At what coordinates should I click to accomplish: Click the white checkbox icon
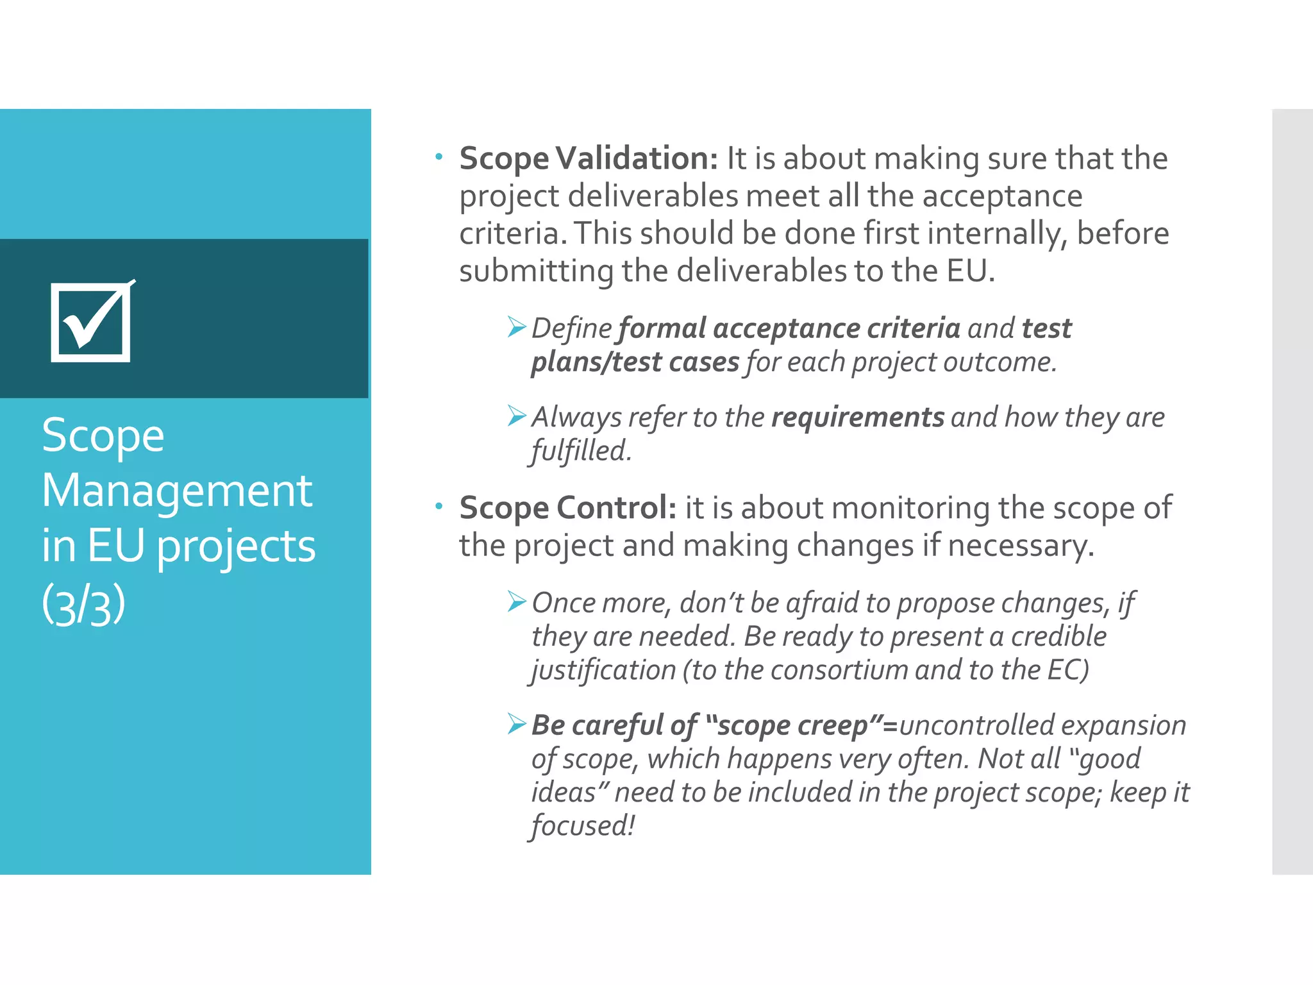(92, 322)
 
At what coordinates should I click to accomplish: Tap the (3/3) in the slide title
(83, 605)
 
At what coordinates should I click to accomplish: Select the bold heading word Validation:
(637, 158)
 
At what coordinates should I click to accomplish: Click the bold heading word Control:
(616, 508)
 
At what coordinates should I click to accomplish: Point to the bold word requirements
(858, 417)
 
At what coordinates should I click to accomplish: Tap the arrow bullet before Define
(517, 327)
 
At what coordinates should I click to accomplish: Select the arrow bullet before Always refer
(517, 416)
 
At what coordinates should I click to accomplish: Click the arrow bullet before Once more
(517, 602)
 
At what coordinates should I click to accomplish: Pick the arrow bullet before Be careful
(517, 724)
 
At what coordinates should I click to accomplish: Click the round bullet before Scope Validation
(439, 156)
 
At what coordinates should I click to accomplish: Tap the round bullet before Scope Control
(439, 507)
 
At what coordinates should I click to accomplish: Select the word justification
(603, 671)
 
